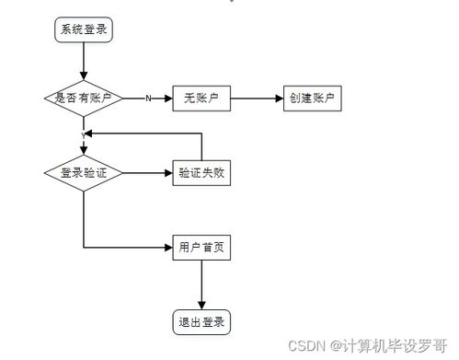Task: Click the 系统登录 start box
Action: point(83,29)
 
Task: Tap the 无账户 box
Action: point(201,99)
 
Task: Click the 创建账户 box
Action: point(313,99)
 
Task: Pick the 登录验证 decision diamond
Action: point(83,172)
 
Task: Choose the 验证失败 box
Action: point(201,172)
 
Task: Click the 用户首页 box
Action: point(201,247)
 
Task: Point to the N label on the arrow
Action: point(147,99)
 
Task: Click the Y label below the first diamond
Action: point(83,135)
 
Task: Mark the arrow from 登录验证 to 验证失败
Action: point(147,172)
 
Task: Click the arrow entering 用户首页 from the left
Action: point(129,247)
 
